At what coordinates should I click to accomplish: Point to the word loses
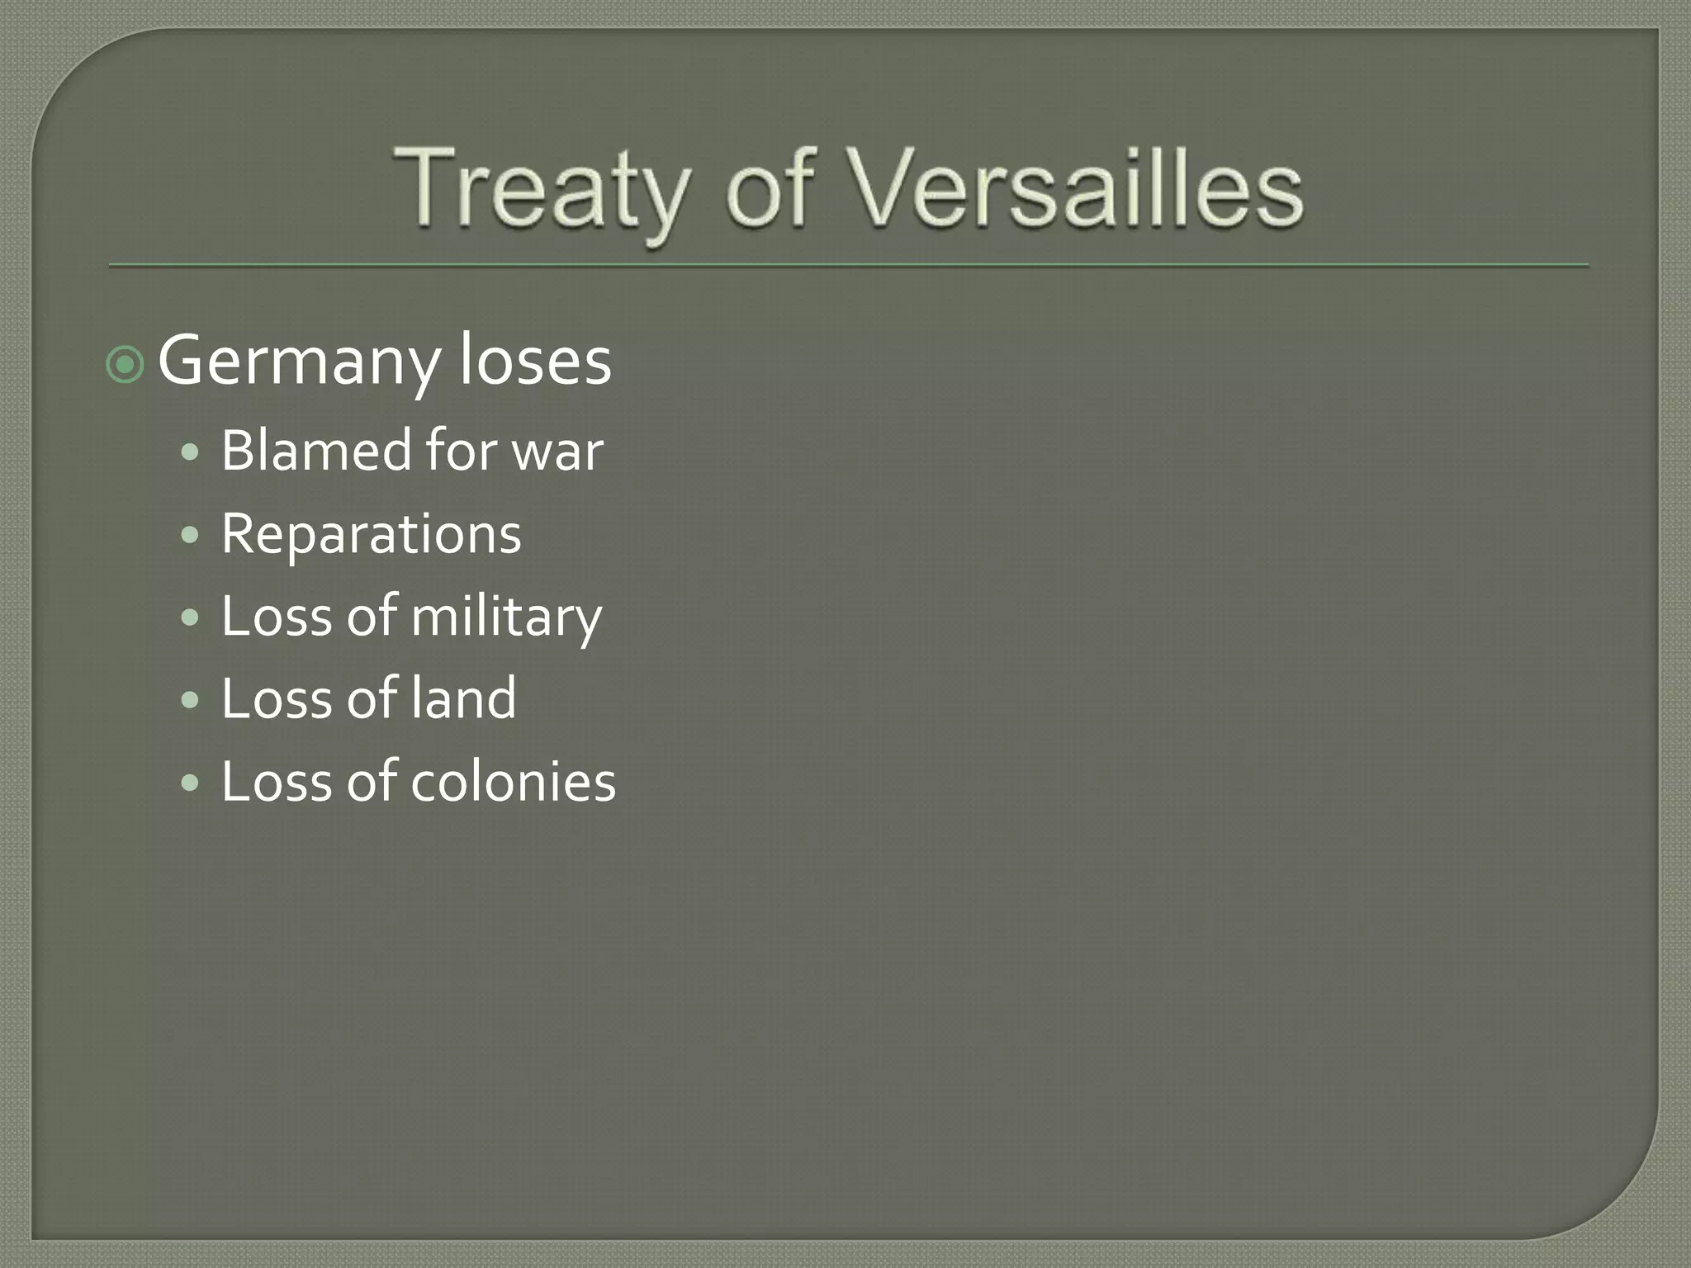pos(535,362)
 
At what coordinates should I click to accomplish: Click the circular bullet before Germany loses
pos(126,364)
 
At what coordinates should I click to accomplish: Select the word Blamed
pos(316,451)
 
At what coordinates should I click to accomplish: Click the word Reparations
pos(371,535)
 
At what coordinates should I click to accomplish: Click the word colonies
pos(513,782)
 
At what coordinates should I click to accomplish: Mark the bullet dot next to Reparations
pos(190,536)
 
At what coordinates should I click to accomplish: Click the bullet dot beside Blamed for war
pos(190,452)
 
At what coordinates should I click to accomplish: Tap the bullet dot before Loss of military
pos(190,617)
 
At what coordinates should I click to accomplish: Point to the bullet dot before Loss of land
pos(190,700)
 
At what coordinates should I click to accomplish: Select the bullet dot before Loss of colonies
pos(190,783)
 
